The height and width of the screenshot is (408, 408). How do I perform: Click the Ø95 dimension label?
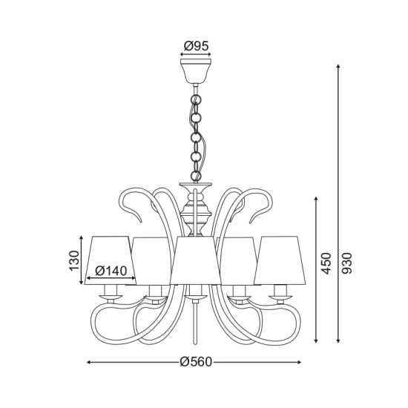point(196,45)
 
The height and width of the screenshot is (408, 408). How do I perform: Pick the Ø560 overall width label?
point(196,363)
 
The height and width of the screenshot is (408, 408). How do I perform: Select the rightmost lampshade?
point(282,260)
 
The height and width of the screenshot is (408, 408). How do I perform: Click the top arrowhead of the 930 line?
point(338,67)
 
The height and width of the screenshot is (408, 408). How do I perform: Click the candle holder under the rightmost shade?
point(280,292)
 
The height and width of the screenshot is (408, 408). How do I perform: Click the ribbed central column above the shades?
point(196,215)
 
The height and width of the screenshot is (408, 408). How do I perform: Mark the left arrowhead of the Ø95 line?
point(182,54)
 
